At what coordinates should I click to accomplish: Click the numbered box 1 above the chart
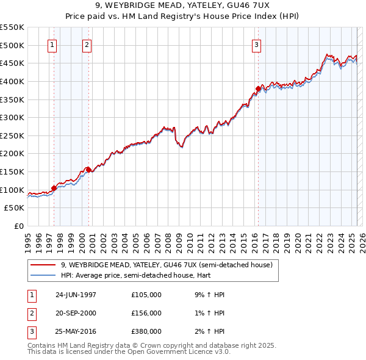52,45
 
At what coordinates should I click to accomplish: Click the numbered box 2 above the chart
87,45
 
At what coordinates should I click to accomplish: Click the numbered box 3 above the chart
256,45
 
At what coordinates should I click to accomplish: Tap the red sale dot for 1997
54,188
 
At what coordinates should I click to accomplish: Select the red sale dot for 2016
258,89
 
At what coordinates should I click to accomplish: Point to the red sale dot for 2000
88,169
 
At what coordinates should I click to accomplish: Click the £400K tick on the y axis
12,81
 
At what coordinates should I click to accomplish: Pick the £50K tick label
15,208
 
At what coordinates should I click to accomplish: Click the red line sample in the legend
43,265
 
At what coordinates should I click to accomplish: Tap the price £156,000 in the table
146,313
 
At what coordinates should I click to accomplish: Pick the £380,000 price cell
146,331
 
